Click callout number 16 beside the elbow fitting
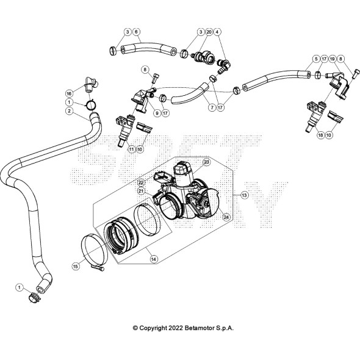[69, 93]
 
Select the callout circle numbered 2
[69, 111]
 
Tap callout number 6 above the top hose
[136, 32]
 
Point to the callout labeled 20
[209, 32]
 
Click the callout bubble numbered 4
[217, 32]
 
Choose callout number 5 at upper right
[316, 59]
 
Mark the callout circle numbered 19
[332, 59]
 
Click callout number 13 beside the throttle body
[245, 195]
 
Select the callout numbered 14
[154, 259]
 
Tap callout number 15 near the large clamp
[76, 266]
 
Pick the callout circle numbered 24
[226, 217]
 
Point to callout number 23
[206, 162]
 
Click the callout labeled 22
[141, 183]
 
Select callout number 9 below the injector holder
[157, 113]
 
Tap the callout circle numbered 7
[212, 107]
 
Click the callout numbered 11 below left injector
[131, 149]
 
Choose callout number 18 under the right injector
[320, 135]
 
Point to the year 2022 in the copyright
[176, 328]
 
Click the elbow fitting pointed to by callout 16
[91, 84]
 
